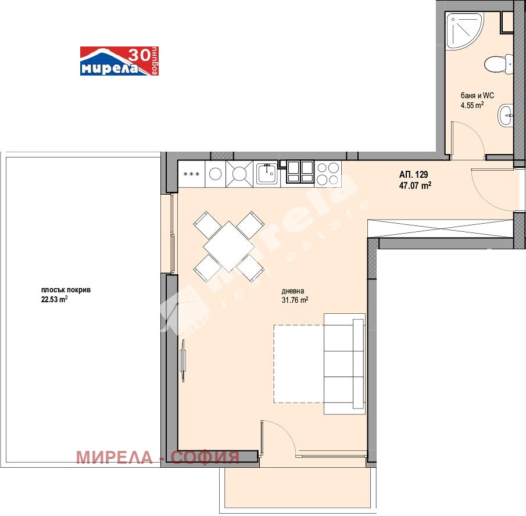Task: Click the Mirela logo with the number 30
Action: tap(119, 61)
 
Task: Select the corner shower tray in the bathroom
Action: tap(464, 31)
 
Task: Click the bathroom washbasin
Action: tap(505, 115)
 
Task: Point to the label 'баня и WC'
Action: tap(477, 95)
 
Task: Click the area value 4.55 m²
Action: tap(472, 105)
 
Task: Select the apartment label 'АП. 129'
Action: tap(413, 174)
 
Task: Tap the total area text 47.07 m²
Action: tap(415, 185)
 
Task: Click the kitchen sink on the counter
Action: tap(267, 174)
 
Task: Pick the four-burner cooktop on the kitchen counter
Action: tap(328, 174)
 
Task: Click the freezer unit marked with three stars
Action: tap(191, 174)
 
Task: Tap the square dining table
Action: tap(229, 246)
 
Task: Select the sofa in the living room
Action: tap(344, 364)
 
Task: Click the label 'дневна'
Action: tap(292, 291)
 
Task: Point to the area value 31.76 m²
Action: tap(295, 300)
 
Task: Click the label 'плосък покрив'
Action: tap(66, 290)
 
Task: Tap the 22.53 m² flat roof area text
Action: tap(55, 299)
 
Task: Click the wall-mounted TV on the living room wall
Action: tap(183, 360)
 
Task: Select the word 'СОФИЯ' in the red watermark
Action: tap(205, 457)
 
